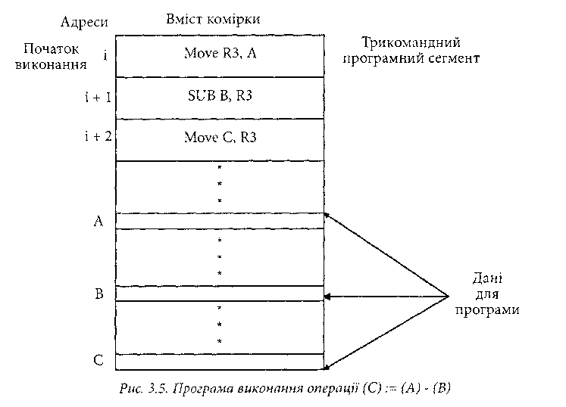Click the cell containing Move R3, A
(220, 55)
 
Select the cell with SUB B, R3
(220, 97)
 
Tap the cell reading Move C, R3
(220, 138)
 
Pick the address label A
(97, 221)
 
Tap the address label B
(99, 294)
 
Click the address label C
(98, 361)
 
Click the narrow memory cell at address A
(220, 221)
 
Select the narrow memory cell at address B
(220, 294)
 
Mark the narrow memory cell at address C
(220, 361)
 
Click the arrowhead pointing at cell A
(327, 216)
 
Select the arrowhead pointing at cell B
(328, 296)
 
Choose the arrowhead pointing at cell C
(327, 367)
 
